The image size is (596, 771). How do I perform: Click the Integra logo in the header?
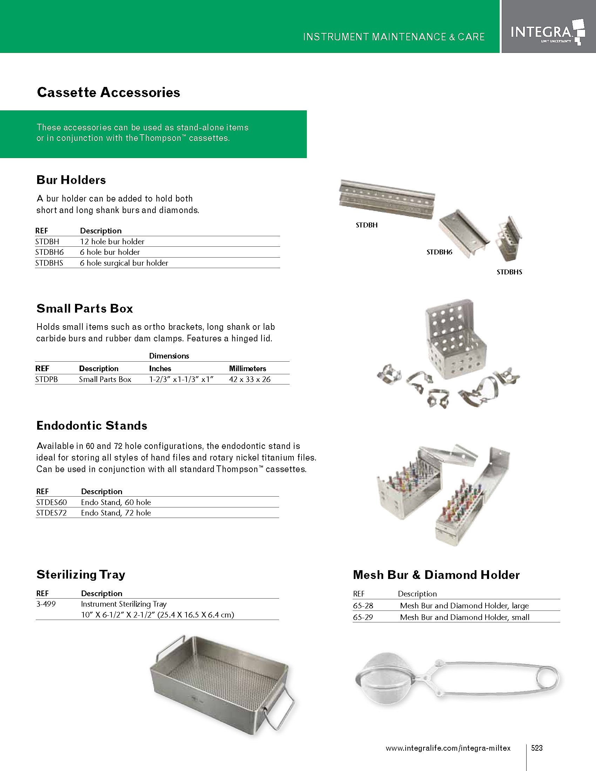[547, 33]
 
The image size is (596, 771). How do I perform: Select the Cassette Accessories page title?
[108, 93]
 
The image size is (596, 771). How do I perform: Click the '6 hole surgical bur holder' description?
[124, 263]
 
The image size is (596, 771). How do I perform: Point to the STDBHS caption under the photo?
[509, 272]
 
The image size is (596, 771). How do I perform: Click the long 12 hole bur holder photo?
[387, 199]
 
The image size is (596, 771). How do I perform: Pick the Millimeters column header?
[248, 369]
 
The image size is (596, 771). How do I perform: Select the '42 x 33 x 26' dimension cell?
[250, 380]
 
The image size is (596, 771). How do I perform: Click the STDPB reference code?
[46, 380]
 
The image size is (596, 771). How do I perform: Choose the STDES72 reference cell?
[51, 513]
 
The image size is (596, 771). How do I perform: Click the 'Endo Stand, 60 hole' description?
[116, 502]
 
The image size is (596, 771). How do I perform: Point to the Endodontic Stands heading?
[92, 426]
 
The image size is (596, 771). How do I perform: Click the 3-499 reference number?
[46, 604]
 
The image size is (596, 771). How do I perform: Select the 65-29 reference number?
[363, 618]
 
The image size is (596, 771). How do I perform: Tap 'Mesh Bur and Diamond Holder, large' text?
[464, 606]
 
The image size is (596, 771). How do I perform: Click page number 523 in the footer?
[537, 748]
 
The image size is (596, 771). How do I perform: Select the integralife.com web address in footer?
[448, 749]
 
